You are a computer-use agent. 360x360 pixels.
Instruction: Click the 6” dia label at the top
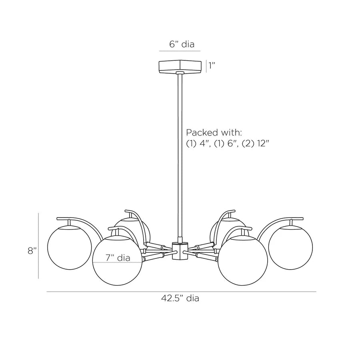coord(182,44)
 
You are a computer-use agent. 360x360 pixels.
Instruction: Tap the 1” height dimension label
coord(212,66)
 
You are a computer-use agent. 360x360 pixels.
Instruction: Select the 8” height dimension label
coord(32,251)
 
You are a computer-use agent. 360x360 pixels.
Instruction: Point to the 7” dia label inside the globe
coord(118,258)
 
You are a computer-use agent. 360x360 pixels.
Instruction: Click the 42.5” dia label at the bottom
coord(180,298)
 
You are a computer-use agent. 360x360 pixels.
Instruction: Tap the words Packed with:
coord(214,132)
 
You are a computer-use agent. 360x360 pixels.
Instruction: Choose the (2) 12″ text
coord(255,144)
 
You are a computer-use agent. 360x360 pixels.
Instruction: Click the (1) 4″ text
coord(198,144)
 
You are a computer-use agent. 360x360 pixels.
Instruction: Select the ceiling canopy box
coord(180,66)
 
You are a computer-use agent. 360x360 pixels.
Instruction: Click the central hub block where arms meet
coord(180,251)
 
